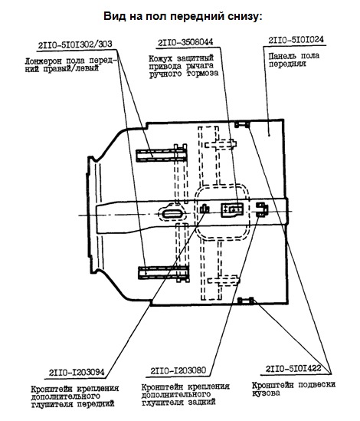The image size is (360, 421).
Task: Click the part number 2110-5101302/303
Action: (x=75, y=44)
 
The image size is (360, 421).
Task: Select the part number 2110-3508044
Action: (x=185, y=42)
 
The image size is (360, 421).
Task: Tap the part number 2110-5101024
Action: (x=296, y=40)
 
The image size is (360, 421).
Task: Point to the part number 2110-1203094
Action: (x=77, y=373)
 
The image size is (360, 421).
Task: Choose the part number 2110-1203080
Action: (x=178, y=371)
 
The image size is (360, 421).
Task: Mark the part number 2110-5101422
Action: (x=293, y=368)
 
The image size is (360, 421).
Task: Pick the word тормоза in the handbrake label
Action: (x=202, y=74)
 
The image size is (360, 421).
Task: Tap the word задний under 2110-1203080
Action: (x=201, y=402)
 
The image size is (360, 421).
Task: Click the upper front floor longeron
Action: (x=162, y=155)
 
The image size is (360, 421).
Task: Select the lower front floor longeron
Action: (x=164, y=273)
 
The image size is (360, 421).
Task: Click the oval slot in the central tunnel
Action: (x=173, y=214)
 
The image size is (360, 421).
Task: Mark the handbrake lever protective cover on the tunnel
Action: (x=232, y=209)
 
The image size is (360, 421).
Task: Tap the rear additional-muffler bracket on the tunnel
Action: (x=261, y=209)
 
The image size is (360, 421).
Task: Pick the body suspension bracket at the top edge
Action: (x=242, y=124)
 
